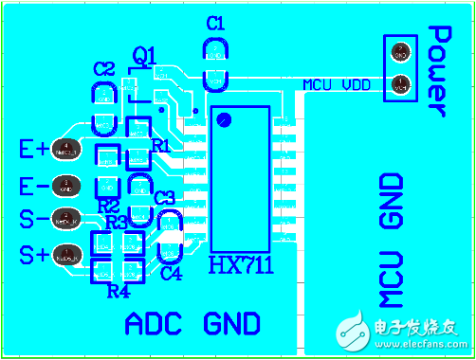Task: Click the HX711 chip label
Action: pyautogui.click(x=241, y=264)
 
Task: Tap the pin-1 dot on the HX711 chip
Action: pyautogui.click(x=224, y=119)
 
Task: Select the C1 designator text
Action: pyautogui.click(x=215, y=23)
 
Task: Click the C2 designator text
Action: pyautogui.click(x=104, y=69)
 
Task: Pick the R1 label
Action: pyautogui.click(x=161, y=146)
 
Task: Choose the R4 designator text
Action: pyautogui.click(x=118, y=291)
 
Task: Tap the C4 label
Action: pyautogui.click(x=172, y=274)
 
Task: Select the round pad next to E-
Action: pyautogui.click(x=66, y=184)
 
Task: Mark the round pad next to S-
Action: pyautogui.click(x=65, y=218)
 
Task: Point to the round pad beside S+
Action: pyautogui.click(x=66, y=253)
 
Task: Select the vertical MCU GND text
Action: pyautogui.click(x=392, y=241)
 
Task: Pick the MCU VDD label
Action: pyautogui.click(x=337, y=84)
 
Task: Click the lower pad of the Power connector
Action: pyautogui.click(x=400, y=85)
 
